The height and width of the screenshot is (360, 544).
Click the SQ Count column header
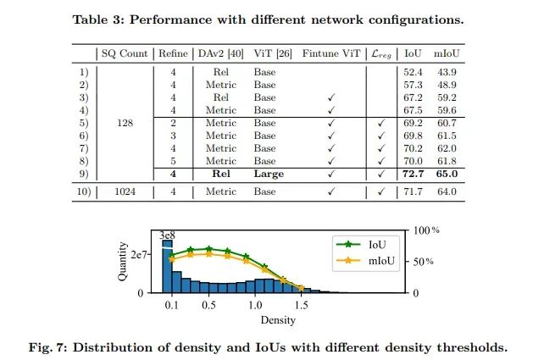tap(125, 53)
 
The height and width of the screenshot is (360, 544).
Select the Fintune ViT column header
tap(331, 53)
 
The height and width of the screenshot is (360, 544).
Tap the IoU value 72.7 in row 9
tap(413, 174)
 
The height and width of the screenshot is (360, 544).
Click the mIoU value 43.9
tap(447, 72)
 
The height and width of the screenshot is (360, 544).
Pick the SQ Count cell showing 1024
tap(125, 191)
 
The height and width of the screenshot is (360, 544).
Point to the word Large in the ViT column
tap(269, 174)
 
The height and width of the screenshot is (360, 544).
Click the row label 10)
tap(84, 191)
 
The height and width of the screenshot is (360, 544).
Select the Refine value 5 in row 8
tap(173, 161)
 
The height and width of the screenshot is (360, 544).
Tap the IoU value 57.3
tap(413, 85)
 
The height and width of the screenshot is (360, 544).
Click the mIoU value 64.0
tap(447, 191)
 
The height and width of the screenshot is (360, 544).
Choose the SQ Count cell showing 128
tap(125, 123)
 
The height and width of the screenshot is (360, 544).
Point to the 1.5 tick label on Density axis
tap(301, 305)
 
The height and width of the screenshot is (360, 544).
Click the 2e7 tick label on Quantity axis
tap(139, 255)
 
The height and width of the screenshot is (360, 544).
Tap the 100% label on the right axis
tap(426, 230)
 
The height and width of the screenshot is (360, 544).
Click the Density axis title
tap(278, 320)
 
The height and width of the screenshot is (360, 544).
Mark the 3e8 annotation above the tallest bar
tap(167, 235)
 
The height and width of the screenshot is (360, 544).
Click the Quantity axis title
tap(122, 262)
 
